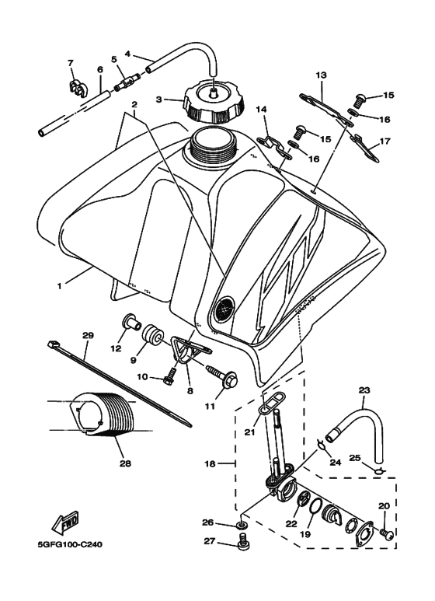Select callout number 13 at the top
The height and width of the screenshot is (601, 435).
point(322,75)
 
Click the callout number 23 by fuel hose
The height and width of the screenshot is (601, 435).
point(364,391)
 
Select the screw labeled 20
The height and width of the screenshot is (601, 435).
point(385,533)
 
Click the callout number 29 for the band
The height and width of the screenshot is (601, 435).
point(87,335)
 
